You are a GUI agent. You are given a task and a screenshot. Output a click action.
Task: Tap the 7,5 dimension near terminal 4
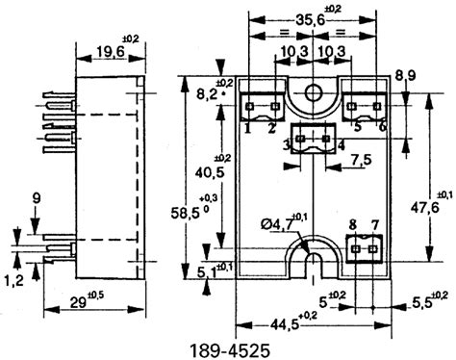pos(362,159)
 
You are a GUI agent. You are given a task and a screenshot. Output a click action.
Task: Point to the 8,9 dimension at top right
pos(404,75)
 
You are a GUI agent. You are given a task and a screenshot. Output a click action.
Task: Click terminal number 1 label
pos(247,126)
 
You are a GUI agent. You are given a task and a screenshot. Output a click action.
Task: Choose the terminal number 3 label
pos(286,144)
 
